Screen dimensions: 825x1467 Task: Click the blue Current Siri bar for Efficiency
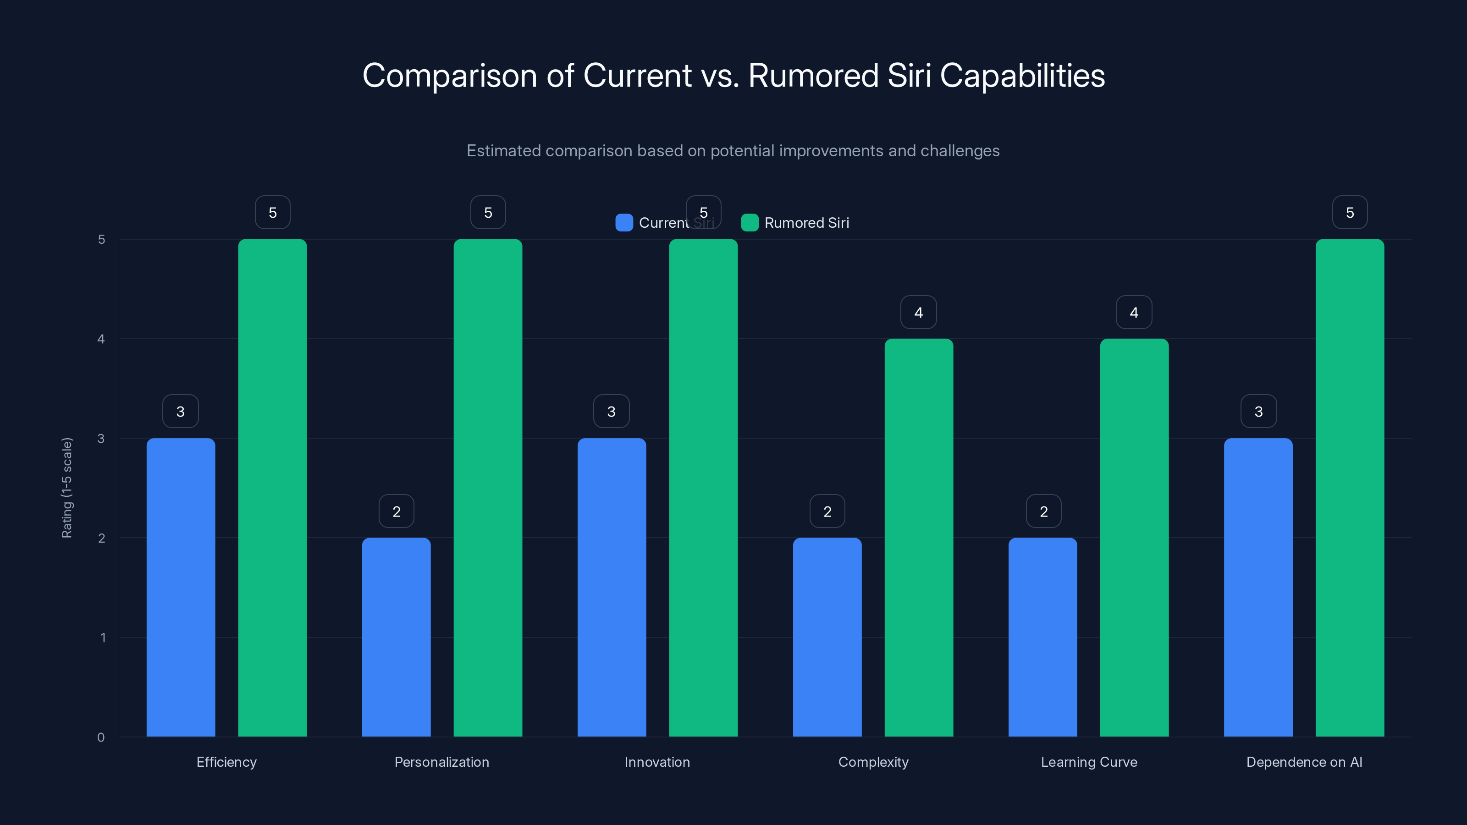181,587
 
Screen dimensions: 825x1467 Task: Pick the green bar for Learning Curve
1134,538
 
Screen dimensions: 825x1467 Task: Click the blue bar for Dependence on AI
1258,587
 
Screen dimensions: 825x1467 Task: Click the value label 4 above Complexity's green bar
918,312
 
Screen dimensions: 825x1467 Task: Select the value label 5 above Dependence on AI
1350,212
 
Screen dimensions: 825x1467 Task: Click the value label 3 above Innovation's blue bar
611,411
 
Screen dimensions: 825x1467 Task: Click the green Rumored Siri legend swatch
750,223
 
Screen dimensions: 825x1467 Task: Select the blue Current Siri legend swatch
624,223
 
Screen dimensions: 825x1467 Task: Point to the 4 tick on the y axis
101,339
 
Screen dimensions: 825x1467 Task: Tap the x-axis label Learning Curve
1089,762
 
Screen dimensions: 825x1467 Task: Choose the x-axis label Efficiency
226,762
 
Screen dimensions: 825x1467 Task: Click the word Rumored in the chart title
813,76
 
